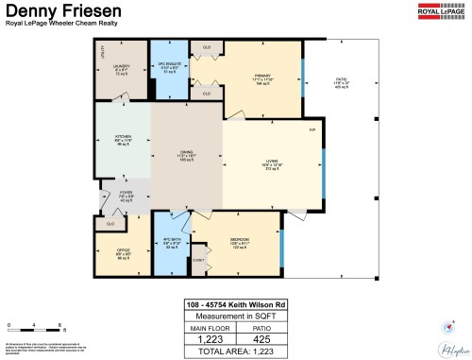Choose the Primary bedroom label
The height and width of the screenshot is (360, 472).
[262, 77]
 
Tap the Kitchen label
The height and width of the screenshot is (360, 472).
[122, 139]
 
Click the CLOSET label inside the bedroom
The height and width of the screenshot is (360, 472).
[199, 259]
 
